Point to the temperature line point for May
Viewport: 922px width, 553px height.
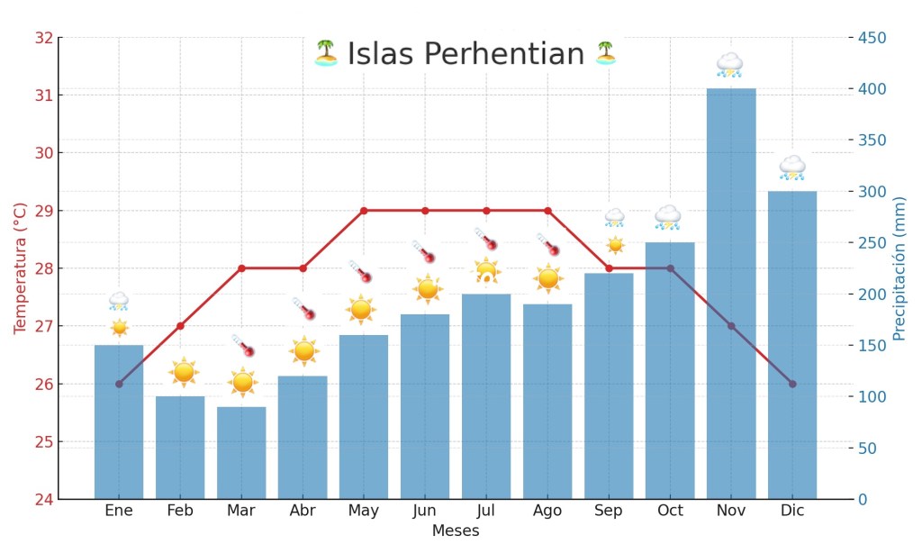pos(364,211)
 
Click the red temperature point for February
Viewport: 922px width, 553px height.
pos(180,326)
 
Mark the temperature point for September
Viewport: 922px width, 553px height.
pos(609,268)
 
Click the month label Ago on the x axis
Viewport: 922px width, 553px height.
pos(547,511)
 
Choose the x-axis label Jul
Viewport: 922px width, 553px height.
pos(486,511)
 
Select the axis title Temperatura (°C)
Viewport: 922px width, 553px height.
pos(20,268)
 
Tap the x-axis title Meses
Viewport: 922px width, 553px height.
pos(456,531)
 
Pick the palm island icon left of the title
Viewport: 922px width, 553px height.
pos(325,53)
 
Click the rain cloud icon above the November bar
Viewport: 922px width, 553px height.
pos(729,65)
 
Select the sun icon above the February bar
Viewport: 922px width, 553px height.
pos(184,371)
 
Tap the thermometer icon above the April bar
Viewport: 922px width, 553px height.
pos(303,309)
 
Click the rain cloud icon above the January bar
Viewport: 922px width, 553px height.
pos(119,301)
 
